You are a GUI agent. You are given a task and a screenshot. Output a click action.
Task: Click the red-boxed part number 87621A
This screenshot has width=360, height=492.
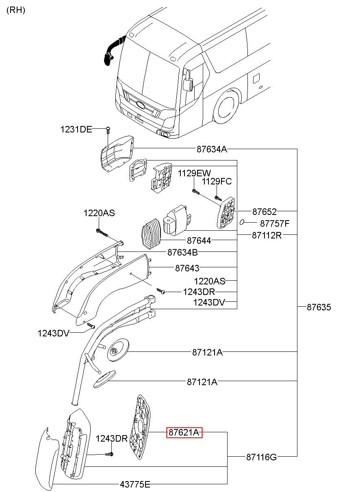(184, 432)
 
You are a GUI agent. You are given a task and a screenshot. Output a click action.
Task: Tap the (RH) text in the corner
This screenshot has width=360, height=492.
(16, 10)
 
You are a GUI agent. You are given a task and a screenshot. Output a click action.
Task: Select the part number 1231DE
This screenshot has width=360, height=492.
(76, 129)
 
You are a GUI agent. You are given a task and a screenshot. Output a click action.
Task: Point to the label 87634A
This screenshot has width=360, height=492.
(212, 149)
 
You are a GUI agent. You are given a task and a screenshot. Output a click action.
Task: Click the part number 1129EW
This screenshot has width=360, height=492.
(194, 173)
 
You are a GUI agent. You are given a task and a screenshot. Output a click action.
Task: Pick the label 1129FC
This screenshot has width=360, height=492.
(217, 182)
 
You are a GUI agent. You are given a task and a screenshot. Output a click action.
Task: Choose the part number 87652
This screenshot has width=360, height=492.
(265, 212)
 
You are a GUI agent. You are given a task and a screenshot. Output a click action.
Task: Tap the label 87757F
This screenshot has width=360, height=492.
(275, 223)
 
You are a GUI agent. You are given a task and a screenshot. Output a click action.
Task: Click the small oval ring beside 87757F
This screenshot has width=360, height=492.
(242, 222)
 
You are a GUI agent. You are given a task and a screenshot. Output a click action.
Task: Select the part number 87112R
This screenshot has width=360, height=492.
(267, 235)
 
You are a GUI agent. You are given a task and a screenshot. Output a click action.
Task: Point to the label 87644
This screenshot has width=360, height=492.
(199, 241)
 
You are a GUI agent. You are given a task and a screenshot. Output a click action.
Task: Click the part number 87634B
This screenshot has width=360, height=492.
(182, 252)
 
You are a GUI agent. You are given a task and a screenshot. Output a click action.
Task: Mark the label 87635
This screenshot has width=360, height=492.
(319, 307)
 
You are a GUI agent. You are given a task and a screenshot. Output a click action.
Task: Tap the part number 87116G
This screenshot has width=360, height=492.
(261, 457)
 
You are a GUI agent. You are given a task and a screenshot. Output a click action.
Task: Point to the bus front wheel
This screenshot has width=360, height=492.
(226, 107)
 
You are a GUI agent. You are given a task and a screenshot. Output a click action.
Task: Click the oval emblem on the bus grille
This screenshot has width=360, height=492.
(141, 105)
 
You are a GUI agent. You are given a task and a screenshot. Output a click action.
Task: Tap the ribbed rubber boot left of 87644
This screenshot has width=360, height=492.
(151, 234)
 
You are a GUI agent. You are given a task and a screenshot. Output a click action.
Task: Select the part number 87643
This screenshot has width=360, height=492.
(187, 268)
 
